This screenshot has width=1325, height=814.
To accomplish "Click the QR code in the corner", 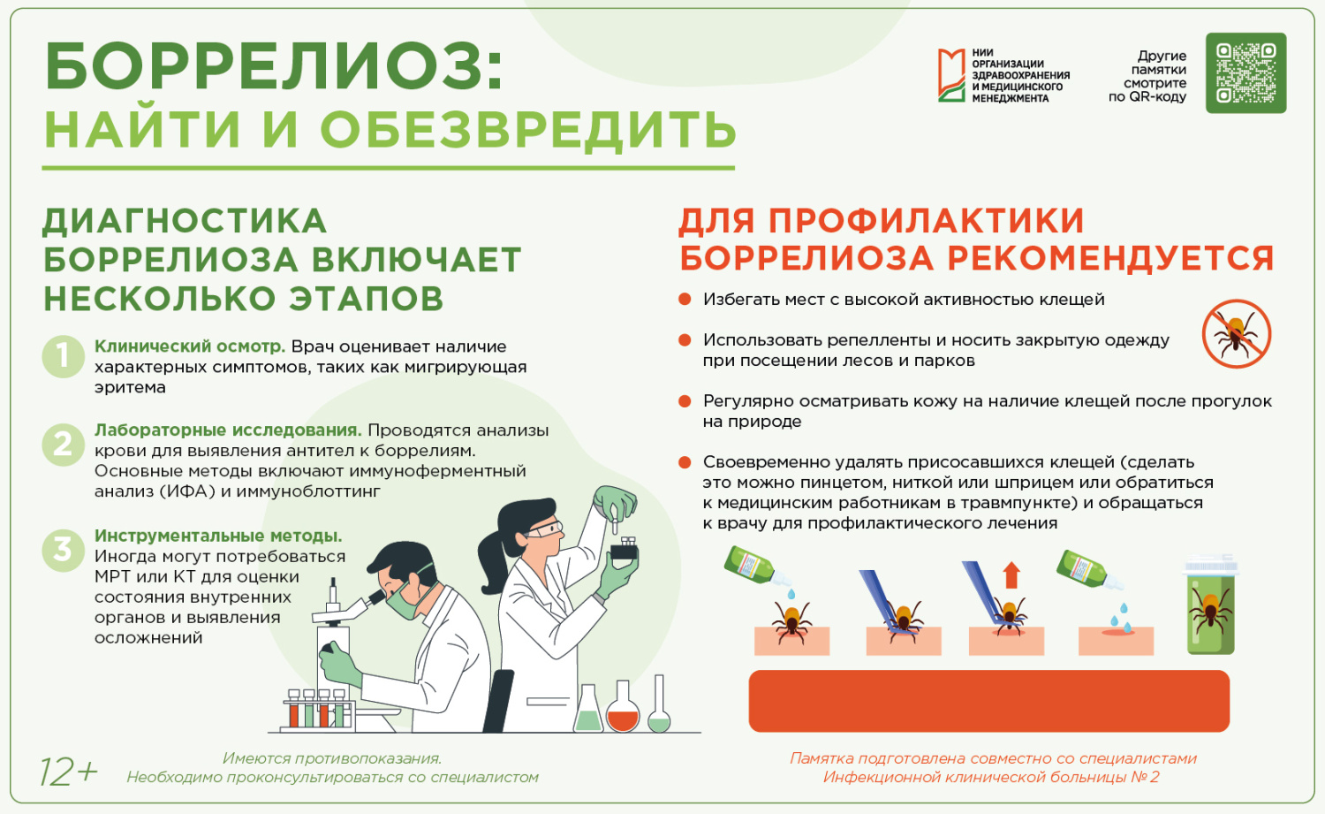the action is [1245, 72].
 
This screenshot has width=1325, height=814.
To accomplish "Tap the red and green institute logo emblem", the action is [951, 75].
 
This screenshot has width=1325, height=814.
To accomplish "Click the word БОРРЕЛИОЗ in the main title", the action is [273, 66].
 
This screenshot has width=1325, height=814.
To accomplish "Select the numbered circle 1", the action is [63, 356].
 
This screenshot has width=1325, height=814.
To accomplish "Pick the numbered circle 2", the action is [63, 445].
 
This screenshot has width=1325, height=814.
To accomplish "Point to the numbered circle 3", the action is [63, 550].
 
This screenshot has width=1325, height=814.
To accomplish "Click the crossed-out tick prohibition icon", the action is [1237, 334].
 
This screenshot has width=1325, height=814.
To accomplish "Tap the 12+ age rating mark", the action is [68, 772].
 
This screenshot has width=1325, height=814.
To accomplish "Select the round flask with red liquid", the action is [623, 706].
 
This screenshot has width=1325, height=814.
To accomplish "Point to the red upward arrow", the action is [1011, 574].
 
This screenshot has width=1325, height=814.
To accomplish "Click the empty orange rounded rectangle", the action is [989, 701].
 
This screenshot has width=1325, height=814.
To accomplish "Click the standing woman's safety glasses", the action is [543, 529].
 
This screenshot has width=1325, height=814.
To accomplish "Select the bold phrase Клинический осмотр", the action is [190, 346].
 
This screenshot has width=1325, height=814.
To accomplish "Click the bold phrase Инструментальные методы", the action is [218, 536].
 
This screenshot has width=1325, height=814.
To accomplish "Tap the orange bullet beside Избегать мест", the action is [685, 299].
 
